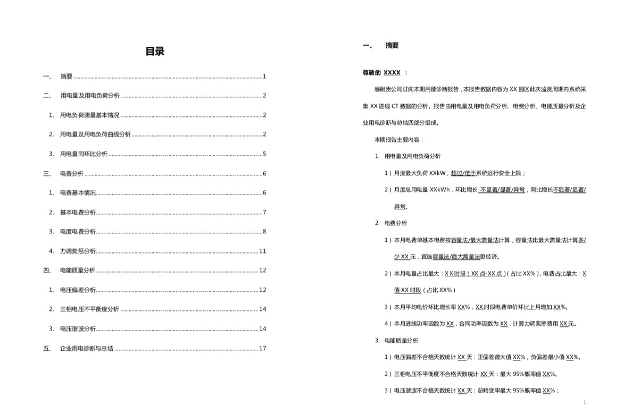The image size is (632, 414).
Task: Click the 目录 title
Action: pyautogui.click(x=155, y=52)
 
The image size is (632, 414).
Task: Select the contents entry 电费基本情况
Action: pyautogui.click(x=78, y=193)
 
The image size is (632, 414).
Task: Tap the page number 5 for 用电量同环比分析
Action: pyautogui.click(x=264, y=154)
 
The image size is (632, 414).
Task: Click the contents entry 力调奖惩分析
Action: pyautogui.click(x=78, y=251)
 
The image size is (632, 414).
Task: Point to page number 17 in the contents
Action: pyautogui.click(x=262, y=349)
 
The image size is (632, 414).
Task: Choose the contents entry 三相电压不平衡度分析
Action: pyautogui.click(x=89, y=309)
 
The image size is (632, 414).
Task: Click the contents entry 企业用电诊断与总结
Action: pyautogui.click(x=87, y=349)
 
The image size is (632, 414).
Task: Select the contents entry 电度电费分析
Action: pyautogui.click(x=78, y=232)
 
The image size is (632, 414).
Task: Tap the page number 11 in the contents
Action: pyautogui.click(x=262, y=251)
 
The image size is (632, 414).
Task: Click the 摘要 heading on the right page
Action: pyautogui.click(x=392, y=46)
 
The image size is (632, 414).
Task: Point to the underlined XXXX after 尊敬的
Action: pyautogui.click(x=392, y=73)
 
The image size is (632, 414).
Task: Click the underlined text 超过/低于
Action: pyautogui.click(x=463, y=173)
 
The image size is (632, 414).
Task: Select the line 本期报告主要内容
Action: pyautogui.click(x=399, y=140)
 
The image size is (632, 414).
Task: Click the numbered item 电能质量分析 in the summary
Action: pyautogui.click(x=401, y=340)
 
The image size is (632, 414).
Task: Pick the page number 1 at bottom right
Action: pyautogui.click(x=584, y=403)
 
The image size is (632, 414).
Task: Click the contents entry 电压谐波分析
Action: pyautogui.click(x=78, y=329)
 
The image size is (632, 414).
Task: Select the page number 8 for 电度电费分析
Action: pyautogui.click(x=264, y=232)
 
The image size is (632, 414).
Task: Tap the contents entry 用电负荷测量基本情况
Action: pyautogui.click(x=89, y=115)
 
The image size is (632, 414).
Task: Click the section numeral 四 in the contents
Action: pyautogui.click(x=46, y=271)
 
